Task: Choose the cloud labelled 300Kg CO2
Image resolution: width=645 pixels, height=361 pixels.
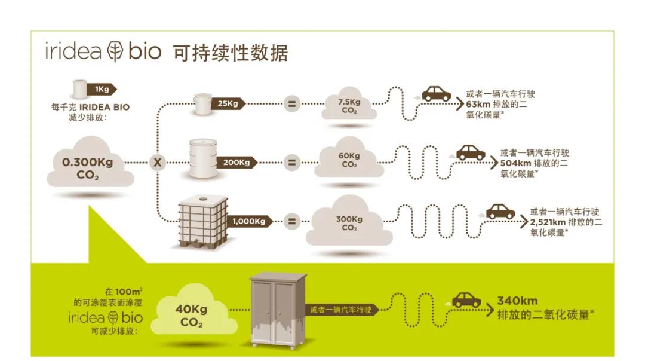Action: (349, 222)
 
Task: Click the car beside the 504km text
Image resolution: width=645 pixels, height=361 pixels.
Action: (471, 152)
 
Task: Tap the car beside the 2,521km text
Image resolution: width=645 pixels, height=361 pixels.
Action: (500, 211)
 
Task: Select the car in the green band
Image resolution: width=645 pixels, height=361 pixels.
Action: (466, 300)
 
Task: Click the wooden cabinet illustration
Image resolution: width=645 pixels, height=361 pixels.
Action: (278, 311)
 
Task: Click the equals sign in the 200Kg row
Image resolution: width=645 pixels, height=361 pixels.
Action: (291, 162)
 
